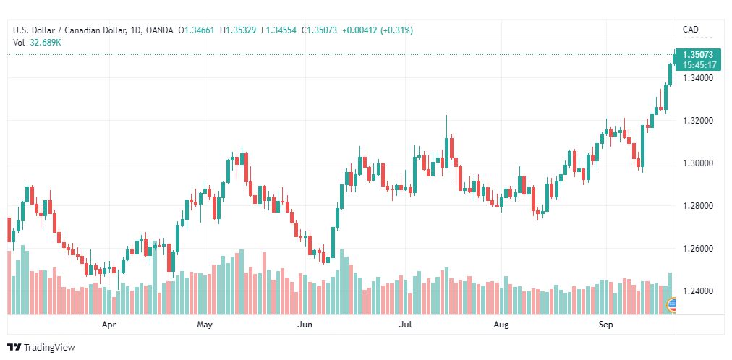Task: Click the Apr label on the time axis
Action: click(x=109, y=325)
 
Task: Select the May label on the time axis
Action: click(x=205, y=325)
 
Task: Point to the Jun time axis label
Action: click(x=305, y=325)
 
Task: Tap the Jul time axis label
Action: click(x=406, y=325)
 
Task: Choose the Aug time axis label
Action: click(x=501, y=325)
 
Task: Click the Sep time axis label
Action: click(x=606, y=325)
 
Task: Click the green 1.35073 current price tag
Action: click(x=698, y=55)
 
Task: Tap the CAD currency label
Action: click(x=691, y=30)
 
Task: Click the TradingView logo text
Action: click(x=49, y=348)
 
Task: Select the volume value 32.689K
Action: click(x=46, y=42)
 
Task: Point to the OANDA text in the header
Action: click(x=159, y=30)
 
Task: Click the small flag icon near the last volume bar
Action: click(x=672, y=307)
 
